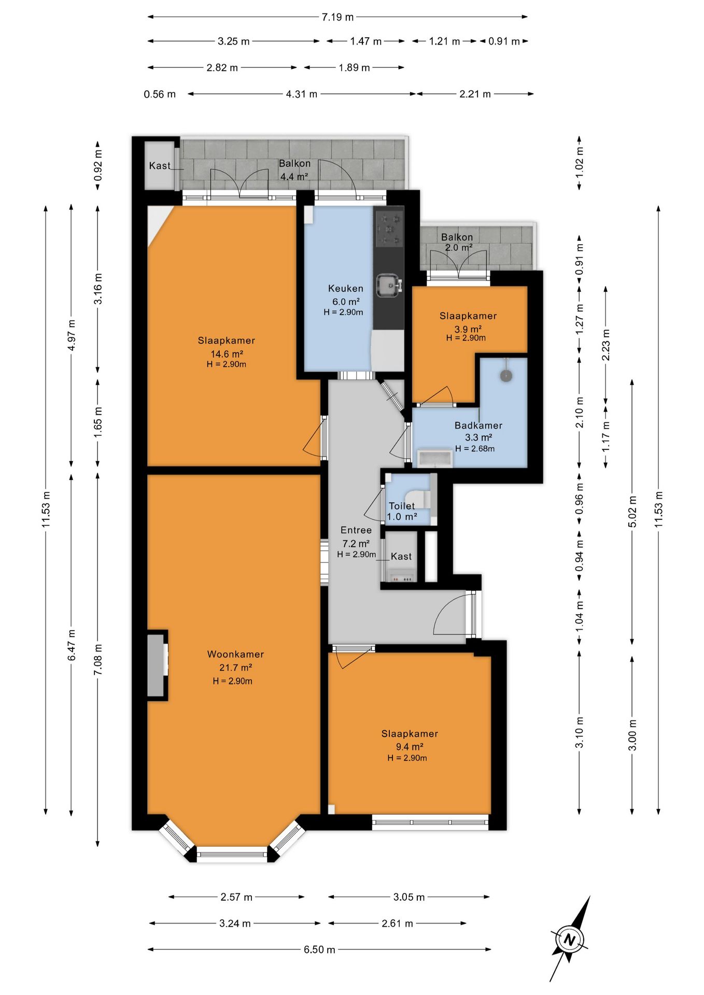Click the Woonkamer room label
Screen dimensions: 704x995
(235, 654)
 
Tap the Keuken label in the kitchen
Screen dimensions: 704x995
(346, 288)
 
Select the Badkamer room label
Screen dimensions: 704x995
(478, 425)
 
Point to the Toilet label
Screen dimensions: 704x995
(402, 506)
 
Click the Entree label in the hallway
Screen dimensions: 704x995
(356, 530)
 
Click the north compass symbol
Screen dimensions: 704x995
(570, 939)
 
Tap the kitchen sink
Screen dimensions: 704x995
(389, 286)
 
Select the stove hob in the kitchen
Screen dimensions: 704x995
(389, 228)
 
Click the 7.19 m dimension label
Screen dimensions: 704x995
(337, 17)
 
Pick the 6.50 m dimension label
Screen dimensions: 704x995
(319, 949)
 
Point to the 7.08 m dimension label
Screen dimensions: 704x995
(97, 659)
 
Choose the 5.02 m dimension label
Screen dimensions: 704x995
(632, 511)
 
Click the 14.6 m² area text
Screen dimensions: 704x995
(227, 354)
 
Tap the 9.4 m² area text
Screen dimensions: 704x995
(410, 747)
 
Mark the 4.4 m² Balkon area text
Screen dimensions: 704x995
(294, 177)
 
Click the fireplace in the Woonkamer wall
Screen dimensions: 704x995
(157, 665)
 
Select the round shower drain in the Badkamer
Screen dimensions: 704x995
(506, 376)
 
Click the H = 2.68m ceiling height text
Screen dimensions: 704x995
(475, 449)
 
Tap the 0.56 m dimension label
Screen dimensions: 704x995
(160, 94)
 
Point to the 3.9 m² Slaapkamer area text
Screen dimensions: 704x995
(468, 329)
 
